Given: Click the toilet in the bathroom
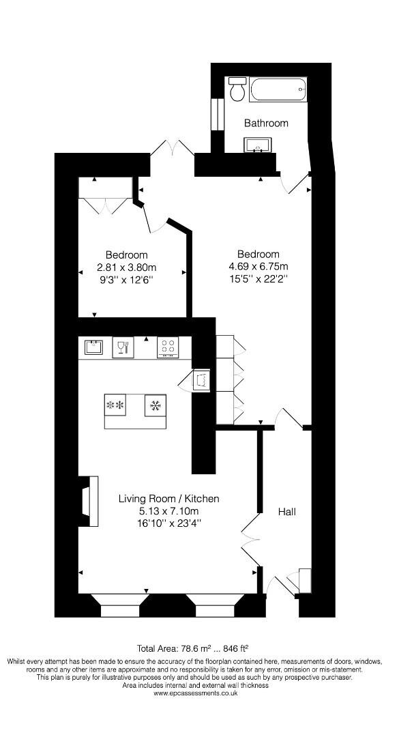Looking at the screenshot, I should tap(237, 89).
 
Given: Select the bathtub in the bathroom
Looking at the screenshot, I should tap(278, 90).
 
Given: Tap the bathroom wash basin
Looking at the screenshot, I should tap(258, 145).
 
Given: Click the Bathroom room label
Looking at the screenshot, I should tap(266, 124).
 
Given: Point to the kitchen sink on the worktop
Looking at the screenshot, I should tap(93, 348).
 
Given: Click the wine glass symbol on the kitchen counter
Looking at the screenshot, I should tap(123, 347).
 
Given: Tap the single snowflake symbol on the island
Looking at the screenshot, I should tap(155, 406).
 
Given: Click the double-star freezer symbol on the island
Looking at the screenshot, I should tap(114, 406).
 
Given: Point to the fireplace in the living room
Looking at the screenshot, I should tap(87, 501).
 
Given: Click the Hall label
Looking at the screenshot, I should tap(286, 511).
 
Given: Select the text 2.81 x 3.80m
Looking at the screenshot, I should tap(127, 268).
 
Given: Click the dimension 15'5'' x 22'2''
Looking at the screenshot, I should tap(258, 278).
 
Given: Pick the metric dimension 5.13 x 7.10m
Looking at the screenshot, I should tap(160, 511).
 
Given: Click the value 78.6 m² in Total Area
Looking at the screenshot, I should tap(194, 648).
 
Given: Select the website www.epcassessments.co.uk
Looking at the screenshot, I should tap(195, 693).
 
